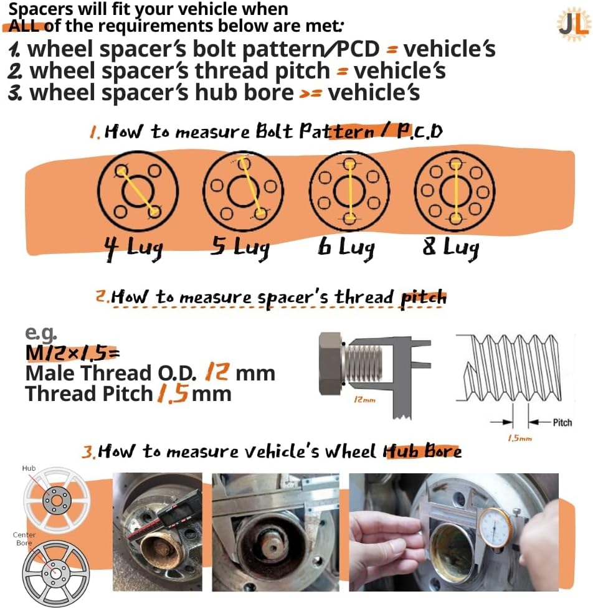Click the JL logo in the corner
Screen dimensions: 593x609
point(573,24)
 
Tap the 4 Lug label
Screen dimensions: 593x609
point(133,248)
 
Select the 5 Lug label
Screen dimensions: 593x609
point(239,247)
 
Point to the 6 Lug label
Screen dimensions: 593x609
point(346,247)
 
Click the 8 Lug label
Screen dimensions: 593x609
point(451,247)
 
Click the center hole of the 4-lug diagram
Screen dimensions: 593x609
point(138,191)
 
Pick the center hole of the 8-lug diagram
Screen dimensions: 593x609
point(455,191)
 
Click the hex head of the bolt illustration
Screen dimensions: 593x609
point(330,364)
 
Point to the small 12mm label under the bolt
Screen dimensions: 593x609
point(364,399)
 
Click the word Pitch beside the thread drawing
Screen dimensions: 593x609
point(562,423)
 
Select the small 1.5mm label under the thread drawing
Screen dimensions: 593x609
point(519,438)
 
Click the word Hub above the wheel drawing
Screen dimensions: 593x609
point(29,468)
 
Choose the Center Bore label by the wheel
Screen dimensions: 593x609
point(24,539)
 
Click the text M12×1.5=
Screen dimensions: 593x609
point(72,353)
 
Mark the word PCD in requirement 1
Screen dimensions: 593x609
point(358,49)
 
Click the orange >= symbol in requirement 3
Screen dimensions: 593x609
point(310,94)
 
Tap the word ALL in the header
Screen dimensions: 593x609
point(23,26)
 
